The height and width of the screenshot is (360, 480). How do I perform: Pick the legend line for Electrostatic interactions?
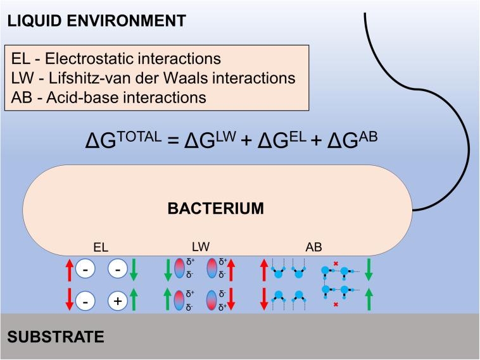[117, 59]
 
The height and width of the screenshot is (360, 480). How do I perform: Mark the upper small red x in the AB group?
[336, 262]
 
